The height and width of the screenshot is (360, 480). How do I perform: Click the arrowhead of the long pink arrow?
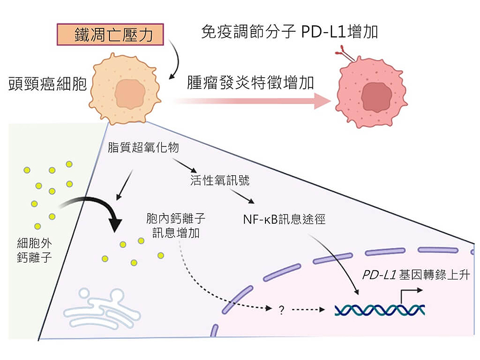click(323, 101)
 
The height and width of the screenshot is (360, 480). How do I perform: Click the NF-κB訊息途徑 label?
click(285, 219)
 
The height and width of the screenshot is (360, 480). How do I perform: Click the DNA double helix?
click(379, 310)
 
